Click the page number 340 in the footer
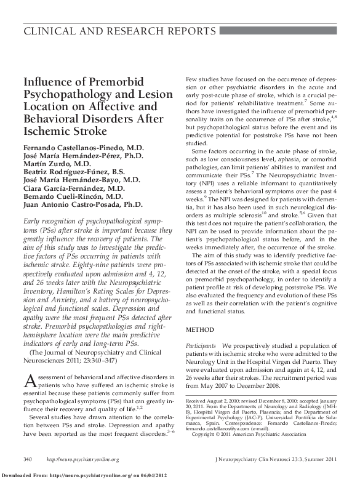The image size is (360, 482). (28, 459)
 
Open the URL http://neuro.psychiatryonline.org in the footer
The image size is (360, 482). (83, 459)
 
